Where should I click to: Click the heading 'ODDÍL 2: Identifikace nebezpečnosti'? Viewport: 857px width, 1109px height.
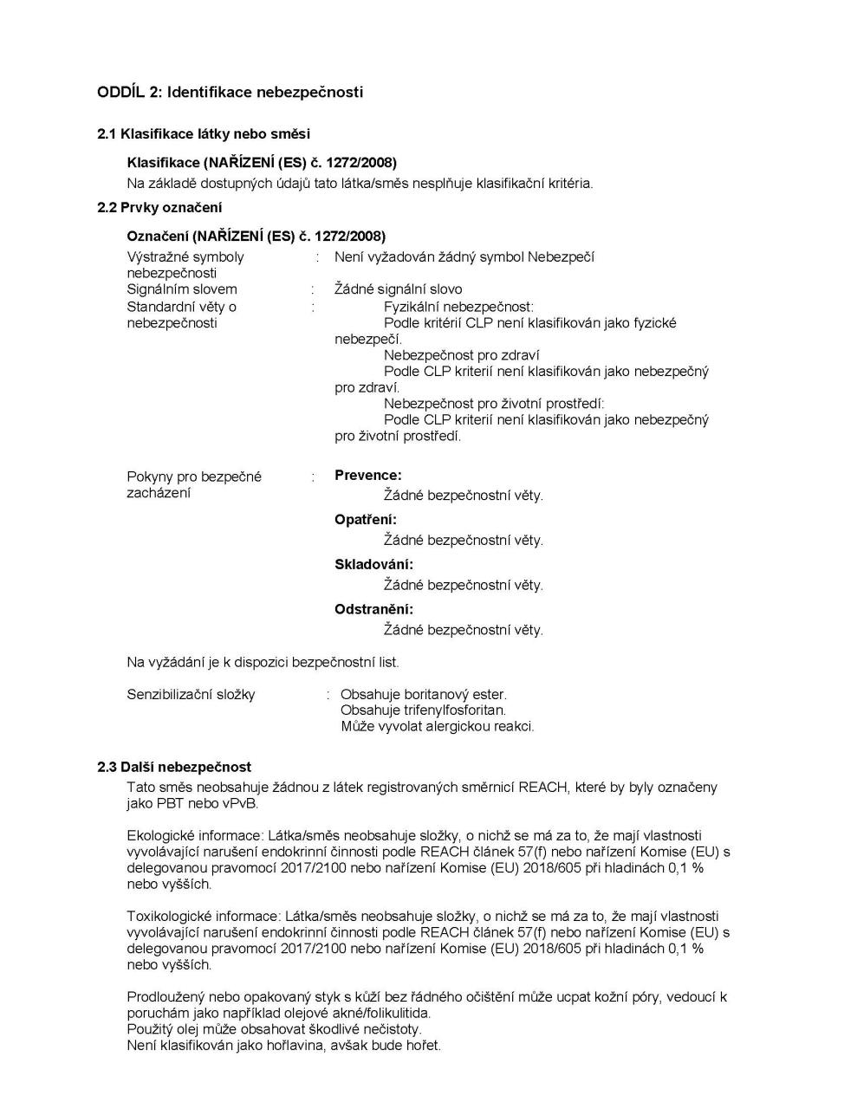pos(230,92)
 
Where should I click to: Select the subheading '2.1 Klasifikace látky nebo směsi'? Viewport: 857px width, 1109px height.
pos(203,133)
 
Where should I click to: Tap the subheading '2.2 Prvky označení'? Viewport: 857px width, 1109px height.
pos(159,207)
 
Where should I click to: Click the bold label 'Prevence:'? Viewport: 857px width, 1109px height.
pos(367,475)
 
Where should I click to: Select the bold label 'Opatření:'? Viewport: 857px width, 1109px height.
pos(365,520)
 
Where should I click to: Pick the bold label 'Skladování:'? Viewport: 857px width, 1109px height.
pos(373,565)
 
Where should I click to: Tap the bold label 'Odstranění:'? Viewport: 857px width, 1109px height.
pos(373,609)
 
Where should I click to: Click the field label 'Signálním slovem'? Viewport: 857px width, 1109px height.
pos(181,289)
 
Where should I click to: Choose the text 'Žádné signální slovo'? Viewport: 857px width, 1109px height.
pos(398,289)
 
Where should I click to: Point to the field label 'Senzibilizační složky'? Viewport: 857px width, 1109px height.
pos(191,695)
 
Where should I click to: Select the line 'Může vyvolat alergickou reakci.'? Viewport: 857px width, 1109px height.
pos(437,726)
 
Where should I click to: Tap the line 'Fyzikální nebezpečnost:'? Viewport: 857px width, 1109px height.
pos(458,307)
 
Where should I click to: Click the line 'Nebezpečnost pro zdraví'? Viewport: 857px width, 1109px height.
pos(461,355)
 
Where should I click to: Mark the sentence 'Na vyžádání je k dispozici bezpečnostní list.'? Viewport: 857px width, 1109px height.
pos(263,663)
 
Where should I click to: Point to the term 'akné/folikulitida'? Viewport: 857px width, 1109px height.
pos(377,1013)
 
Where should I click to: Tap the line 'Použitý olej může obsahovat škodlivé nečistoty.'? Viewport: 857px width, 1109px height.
pos(274,1029)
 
